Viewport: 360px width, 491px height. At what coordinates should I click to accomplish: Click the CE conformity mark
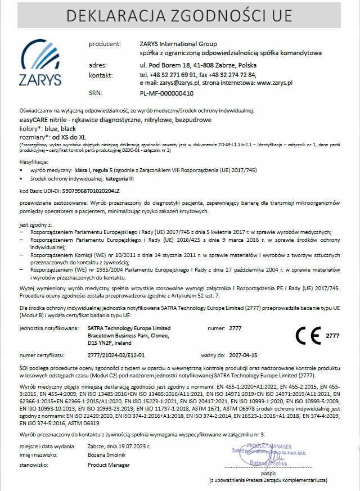click(x=308, y=336)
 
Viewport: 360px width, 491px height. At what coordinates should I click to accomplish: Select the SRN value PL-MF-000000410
click(x=166, y=93)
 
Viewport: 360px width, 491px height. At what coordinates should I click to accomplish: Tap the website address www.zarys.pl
click(x=274, y=83)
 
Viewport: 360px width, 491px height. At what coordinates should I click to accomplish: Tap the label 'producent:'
click(x=105, y=43)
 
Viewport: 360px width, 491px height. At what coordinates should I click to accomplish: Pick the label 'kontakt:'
click(x=101, y=74)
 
